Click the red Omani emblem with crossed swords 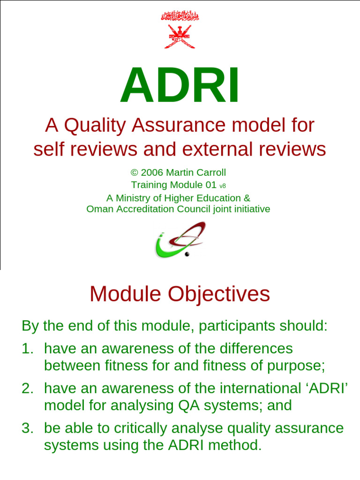pyautogui.click(x=180, y=29)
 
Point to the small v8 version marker pyautogui.click(x=223, y=186)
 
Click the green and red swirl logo pyautogui.click(x=180, y=240)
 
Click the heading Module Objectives pyautogui.click(x=180, y=294)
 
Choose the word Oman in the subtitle pyautogui.click(x=98, y=209)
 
